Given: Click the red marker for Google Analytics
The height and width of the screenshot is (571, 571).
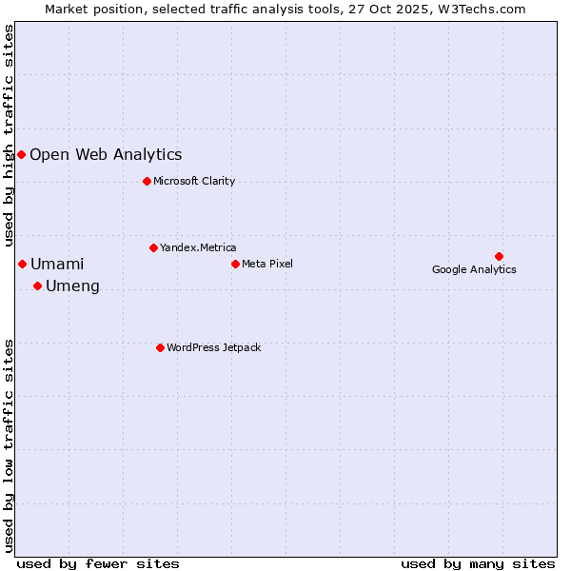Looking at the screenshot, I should [499, 256].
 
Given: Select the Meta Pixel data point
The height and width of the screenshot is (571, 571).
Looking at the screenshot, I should [235, 264].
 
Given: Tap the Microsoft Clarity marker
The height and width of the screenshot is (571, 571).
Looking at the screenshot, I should [147, 181].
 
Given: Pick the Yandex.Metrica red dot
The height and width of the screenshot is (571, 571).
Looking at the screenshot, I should [153, 247].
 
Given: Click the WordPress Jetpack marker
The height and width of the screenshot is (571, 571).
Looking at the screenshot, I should [160, 347].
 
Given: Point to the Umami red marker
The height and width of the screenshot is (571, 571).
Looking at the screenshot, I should [22, 264].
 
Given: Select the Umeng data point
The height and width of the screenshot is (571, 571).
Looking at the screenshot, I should [37, 285].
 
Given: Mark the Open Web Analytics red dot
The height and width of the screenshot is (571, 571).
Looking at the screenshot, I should [21, 154].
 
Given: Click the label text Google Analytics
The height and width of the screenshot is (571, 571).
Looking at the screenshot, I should [474, 269].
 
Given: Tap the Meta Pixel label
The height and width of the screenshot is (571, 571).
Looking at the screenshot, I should [267, 264].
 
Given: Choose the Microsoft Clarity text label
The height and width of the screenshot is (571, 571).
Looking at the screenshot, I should [194, 181].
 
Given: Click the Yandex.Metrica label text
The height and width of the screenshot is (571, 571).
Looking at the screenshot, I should [198, 247].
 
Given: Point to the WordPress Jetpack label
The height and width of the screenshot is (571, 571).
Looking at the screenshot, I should [213, 347].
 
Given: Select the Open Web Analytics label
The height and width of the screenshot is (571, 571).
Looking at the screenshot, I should [106, 154].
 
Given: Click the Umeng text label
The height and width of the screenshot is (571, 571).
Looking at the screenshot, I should [72, 285].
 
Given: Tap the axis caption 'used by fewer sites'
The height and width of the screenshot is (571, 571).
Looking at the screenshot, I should [98, 563].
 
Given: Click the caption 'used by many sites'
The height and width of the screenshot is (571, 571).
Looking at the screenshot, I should [478, 563].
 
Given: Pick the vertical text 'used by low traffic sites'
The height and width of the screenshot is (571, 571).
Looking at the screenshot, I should [10, 444].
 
